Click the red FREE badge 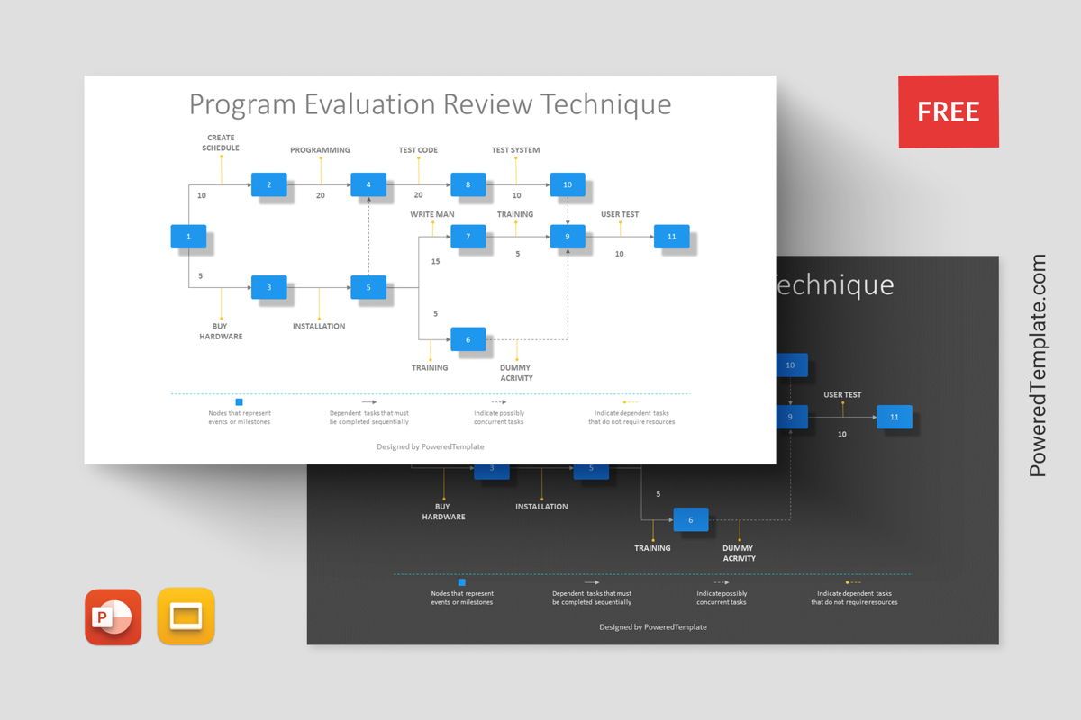pyautogui.click(x=948, y=112)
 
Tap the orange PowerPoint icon pyautogui.click(x=114, y=616)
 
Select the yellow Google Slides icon pyautogui.click(x=186, y=616)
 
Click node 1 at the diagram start pyautogui.click(x=188, y=237)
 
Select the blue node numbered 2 pyautogui.click(x=268, y=184)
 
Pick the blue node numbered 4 pyautogui.click(x=368, y=184)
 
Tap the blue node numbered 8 pyautogui.click(x=468, y=184)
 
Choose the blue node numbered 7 pyautogui.click(x=468, y=237)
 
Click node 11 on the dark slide pyautogui.click(x=894, y=417)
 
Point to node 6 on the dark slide pyautogui.click(x=691, y=520)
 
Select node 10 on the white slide pyautogui.click(x=567, y=184)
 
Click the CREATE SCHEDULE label pyautogui.click(x=221, y=142)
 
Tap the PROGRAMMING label pyautogui.click(x=320, y=150)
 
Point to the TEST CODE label pyautogui.click(x=418, y=150)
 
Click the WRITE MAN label pyautogui.click(x=432, y=214)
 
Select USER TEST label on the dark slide pyautogui.click(x=842, y=394)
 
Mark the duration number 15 pyautogui.click(x=435, y=262)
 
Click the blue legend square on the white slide pyautogui.click(x=239, y=402)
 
